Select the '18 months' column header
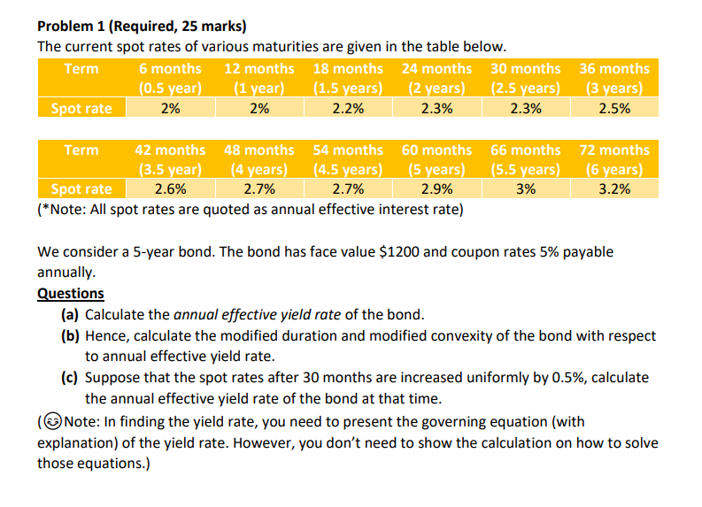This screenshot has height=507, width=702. click(348, 68)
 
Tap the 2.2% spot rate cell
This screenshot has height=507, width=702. click(348, 108)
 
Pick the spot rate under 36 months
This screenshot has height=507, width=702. click(613, 108)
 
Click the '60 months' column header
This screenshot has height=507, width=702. click(436, 150)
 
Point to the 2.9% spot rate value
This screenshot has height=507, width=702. click(436, 188)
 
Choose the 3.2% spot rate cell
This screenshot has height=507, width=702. click(613, 188)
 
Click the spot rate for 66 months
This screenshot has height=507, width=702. click(525, 188)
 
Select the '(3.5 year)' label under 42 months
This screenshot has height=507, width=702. click(170, 169)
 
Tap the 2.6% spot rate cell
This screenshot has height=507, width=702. click(170, 188)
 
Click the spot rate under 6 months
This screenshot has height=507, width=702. click(170, 108)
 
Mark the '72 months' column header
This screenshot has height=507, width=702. click(613, 150)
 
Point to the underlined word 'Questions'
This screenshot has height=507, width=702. click(70, 294)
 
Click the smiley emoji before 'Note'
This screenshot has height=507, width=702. click(54, 422)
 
